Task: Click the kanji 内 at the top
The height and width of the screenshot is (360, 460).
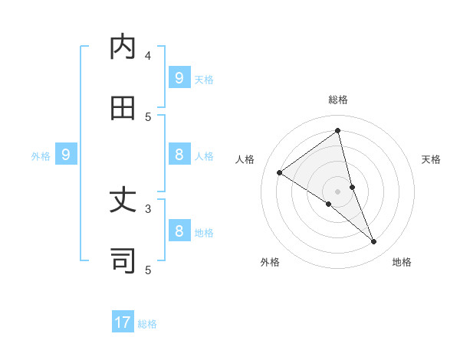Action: pyautogui.click(x=123, y=47)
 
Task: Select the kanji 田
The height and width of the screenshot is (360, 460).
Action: pyautogui.click(x=123, y=108)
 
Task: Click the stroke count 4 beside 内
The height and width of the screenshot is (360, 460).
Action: pyautogui.click(x=148, y=55)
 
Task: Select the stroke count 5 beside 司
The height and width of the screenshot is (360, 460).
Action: pyautogui.click(x=148, y=270)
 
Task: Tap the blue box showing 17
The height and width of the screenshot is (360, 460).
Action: pyautogui.click(x=123, y=322)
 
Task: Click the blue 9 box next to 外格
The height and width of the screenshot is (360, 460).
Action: pyautogui.click(x=66, y=155)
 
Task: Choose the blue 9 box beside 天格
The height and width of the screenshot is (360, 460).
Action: pyautogui.click(x=179, y=77)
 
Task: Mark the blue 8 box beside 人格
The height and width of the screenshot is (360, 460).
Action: pyautogui.click(x=179, y=155)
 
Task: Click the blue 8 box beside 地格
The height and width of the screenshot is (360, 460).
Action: pyautogui.click(x=179, y=231)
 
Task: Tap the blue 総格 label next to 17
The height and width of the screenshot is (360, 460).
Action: pyautogui.click(x=147, y=324)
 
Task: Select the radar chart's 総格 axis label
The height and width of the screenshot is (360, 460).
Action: pyautogui.click(x=338, y=100)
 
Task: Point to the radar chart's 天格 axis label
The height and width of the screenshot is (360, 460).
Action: pyautogui.click(x=432, y=159)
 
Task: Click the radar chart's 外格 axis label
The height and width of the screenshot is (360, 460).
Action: pyautogui.click(x=270, y=262)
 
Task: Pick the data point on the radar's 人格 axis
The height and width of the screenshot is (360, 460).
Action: pyautogui.click(x=279, y=172)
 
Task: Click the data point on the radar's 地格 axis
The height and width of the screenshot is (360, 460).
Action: pyautogui.click(x=374, y=242)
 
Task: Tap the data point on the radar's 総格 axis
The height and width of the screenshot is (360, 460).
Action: pyautogui.click(x=338, y=131)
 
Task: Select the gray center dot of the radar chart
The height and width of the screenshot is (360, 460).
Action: pyautogui.click(x=338, y=191)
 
